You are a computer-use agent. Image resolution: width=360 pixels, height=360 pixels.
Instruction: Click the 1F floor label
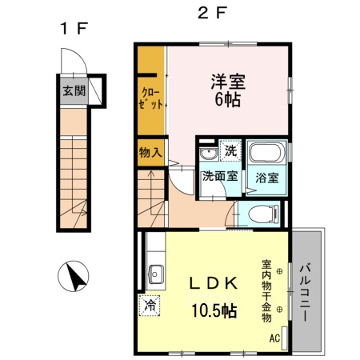coord(72,29)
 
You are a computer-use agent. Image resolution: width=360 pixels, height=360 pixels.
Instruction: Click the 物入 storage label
coord(150,152)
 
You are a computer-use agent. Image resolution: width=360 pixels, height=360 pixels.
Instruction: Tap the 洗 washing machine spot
coord(230,150)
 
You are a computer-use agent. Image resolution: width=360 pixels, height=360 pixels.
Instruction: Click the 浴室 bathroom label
coord(267,178)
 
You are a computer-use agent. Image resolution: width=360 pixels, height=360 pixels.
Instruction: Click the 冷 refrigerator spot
coord(150,304)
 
